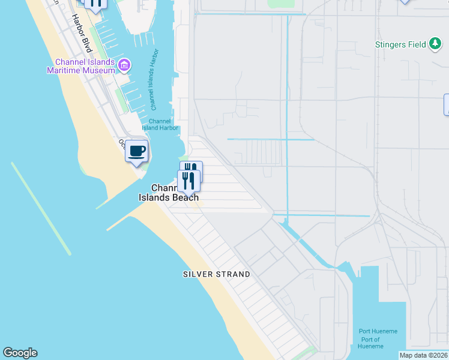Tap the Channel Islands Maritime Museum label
80,66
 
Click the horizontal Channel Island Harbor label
160,124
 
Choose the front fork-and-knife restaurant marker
188,181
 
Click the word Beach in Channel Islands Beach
184,197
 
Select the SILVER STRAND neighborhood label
216,274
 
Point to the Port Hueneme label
378,331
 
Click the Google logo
20,353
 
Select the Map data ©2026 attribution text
423,355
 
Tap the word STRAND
234,274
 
